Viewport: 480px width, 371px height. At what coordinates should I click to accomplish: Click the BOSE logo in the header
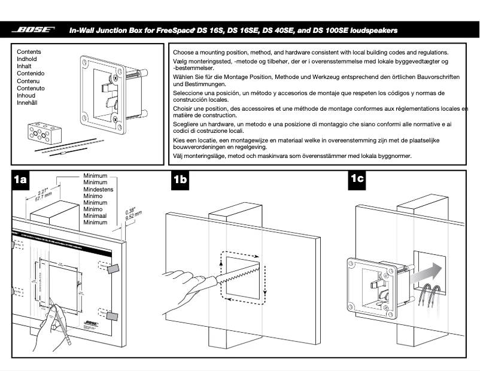(34, 29)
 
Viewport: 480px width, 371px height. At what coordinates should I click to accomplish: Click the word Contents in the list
(29, 53)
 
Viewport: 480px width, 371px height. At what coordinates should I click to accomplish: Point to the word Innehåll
(28, 103)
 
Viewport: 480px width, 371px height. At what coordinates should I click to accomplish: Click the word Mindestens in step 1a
(98, 189)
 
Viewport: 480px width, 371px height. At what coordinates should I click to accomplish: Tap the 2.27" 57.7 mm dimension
(43, 193)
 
